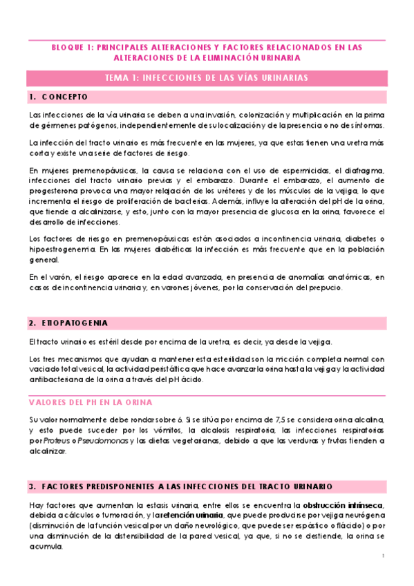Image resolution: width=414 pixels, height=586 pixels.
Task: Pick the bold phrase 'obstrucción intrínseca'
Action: point(343,505)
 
